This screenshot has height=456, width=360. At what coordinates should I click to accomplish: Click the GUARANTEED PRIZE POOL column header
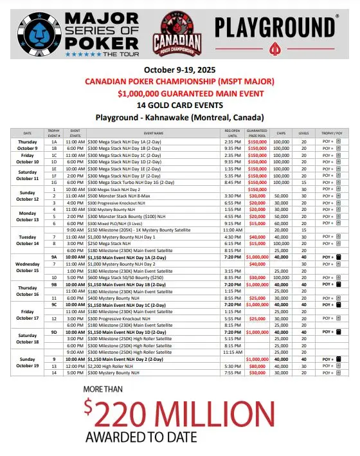coord(256,132)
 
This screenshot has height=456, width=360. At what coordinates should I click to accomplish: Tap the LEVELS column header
coord(303,132)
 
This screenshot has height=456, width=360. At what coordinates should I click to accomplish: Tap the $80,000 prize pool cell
coord(257,365)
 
